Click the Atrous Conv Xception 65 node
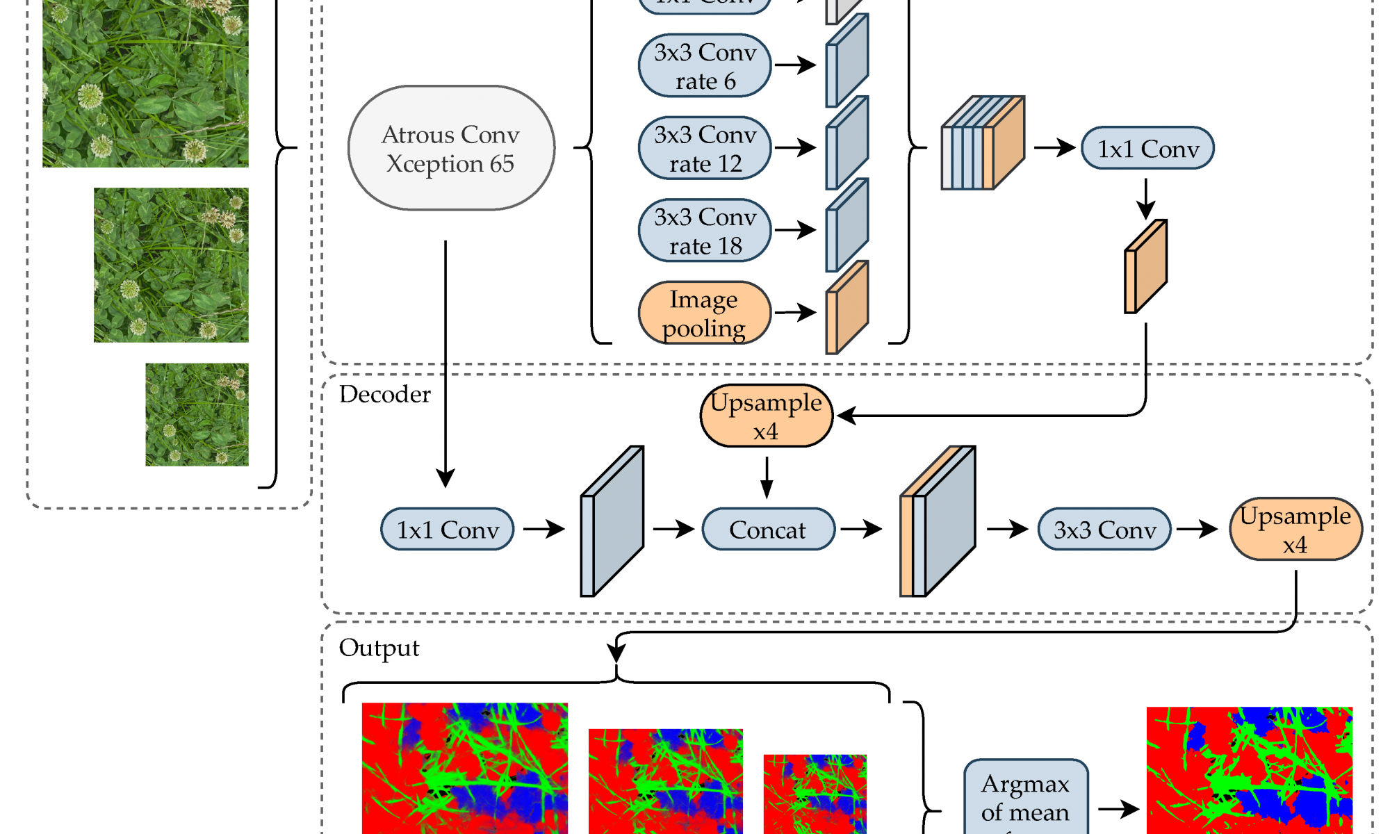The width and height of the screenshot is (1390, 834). click(451, 148)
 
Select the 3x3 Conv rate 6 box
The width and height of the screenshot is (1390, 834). click(705, 66)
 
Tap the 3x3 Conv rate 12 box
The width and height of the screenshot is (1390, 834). click(705, 148)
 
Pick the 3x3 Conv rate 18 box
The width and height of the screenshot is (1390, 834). click(705, 231)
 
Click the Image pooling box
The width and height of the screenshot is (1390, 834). click(705, 313)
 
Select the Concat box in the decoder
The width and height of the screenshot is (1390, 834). click(768, 530)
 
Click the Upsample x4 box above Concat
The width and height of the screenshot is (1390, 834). click(766, 416)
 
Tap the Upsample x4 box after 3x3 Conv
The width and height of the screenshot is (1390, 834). click(1295, 530)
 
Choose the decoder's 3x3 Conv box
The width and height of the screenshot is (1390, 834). click(1104, 530)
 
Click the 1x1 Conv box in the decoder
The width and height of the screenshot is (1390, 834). click(448, 530)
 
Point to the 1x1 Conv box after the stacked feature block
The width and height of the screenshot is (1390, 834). click(1147, 148)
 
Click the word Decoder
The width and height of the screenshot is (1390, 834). click(384, 394)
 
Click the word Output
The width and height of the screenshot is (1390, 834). click(379, 648)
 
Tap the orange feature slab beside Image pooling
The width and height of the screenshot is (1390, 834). click(847, 308)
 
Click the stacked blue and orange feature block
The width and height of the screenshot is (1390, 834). click(983, 143)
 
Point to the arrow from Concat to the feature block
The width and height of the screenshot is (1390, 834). click(860, 530)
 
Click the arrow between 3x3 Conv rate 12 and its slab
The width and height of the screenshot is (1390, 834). click(795, 148)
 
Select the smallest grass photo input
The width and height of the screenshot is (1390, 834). click(197, 415)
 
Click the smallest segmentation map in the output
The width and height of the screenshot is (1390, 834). click(815, 794)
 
